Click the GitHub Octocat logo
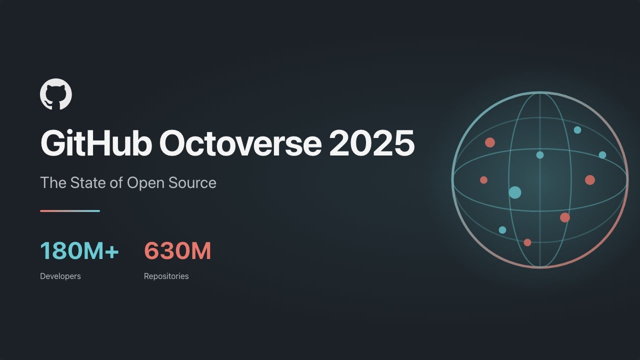tap(56, 94)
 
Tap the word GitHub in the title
tap(95, 143)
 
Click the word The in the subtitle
tap(52, 182)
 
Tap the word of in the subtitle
tap(116, 182)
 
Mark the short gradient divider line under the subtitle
tap(70, 211)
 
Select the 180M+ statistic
tap(79, 251)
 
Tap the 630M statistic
tap(177, 251)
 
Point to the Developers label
tap(60, 276)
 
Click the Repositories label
tap(166, 276)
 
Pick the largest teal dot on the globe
tap(515, 192)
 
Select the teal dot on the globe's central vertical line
tap(540, 155)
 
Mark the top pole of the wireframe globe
tap(540, 92)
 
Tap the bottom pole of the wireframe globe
tap(540, 267)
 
